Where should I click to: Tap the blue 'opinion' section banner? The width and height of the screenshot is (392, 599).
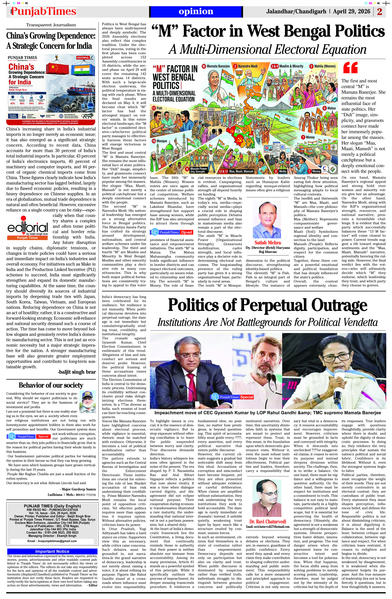point(196,12)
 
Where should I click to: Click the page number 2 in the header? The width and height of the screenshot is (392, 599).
point(379,12)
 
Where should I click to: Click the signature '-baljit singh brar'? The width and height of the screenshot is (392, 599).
point(77,372)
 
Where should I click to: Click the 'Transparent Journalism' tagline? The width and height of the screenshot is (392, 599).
point(51,25)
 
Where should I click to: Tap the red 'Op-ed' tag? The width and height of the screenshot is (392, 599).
point(186,232)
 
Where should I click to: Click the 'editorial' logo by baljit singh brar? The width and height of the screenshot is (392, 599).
point(27,228)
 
